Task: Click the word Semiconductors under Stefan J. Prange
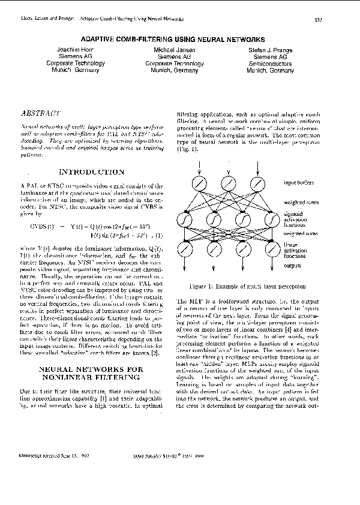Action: (x=270, y=63)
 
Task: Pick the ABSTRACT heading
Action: (x=40, y=113)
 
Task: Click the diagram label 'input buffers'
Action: (x=301, y=182)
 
